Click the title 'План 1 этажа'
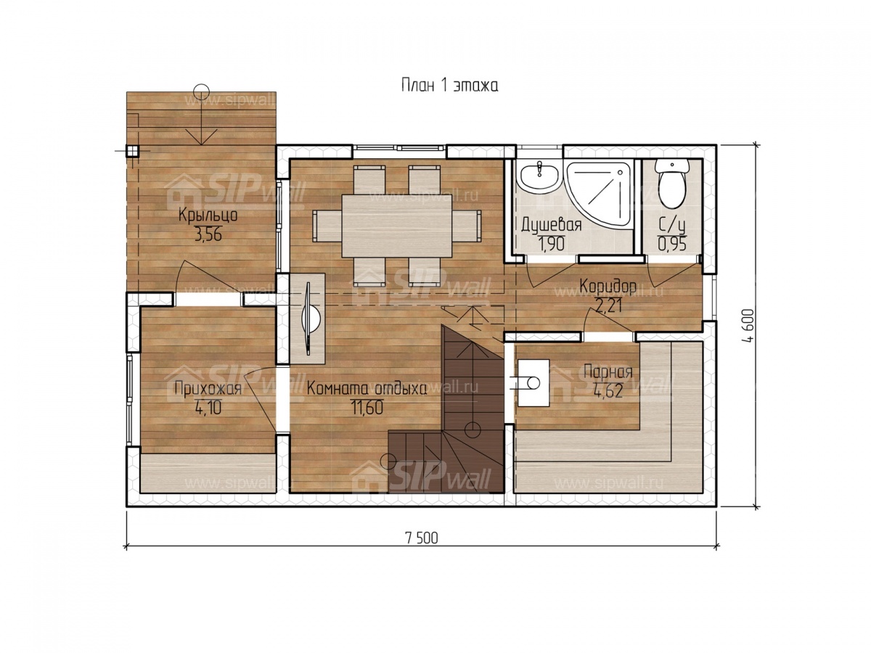[x=449, y=85]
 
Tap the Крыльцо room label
[x=208, y=215]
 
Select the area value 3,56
[x=208, y=235]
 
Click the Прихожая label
[x=208, y=389]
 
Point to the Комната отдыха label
[x=367, y=389]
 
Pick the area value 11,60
[x=367, y=407]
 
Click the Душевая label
[x=552, y=225]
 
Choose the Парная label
[x=608, y=373]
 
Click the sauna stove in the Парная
[x=533, y=383]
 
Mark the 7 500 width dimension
[x=422, y=538]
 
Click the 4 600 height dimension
[x=746, y=326]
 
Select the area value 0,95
[x=672, y=245]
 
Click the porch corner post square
[x=133, y=151]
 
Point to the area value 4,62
[x=608, y=391]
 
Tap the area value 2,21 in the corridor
[x=608, y=305]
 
